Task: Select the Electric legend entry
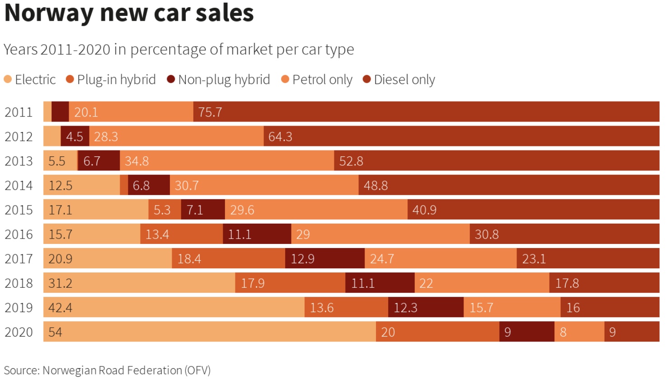click(30, 80)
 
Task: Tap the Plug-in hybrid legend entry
click(111, 80)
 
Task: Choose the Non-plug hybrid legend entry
click(218, 80)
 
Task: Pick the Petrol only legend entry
click(317, 80)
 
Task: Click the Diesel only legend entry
click(399, 80)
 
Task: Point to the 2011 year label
click(19, 112)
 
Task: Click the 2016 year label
click(19, 234)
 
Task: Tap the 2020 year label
click(19, 332)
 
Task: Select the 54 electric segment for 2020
click(210, 332)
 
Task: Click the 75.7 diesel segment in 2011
click(426, 112)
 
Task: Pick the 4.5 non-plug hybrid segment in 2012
click(75, 136)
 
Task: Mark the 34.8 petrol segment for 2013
click(227, 161)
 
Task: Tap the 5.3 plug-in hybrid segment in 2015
click(164, 210)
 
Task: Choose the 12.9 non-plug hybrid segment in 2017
click(325, 258)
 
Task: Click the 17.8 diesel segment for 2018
click(604, 283)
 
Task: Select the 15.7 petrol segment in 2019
click(512, 307)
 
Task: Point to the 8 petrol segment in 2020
click(579, 332)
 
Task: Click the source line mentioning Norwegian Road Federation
click(107, 370)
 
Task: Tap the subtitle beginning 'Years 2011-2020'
click(178, 49)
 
